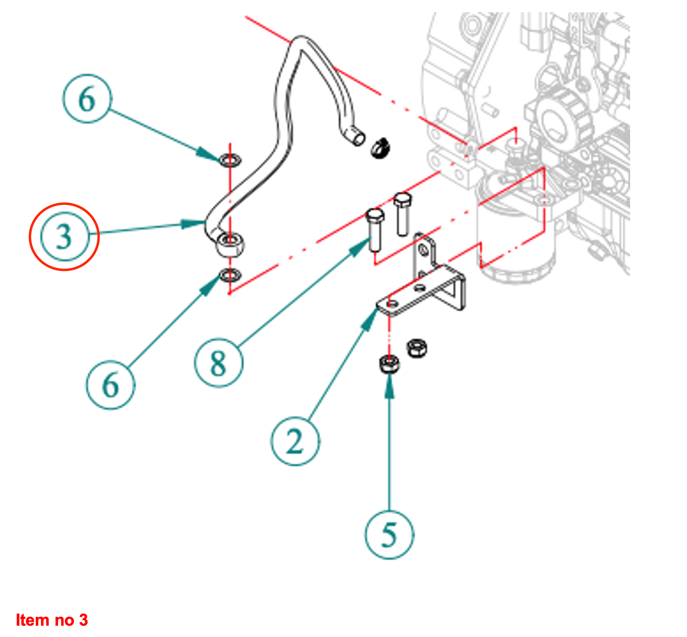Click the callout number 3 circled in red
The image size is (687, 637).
point(64,237)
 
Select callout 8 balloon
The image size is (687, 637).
point(218,363)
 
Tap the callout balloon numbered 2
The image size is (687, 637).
point(294,441)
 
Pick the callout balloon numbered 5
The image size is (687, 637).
point(389,534)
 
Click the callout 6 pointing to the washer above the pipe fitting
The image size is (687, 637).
point(87,99)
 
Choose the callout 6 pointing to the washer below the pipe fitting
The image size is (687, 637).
point(110,384)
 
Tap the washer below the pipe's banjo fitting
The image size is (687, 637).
point(229,275)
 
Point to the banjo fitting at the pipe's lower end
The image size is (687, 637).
point(230,243)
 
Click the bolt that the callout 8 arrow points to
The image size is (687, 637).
point(375,228)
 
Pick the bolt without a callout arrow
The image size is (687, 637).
point(402,212)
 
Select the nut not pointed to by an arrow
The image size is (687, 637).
point(417,348)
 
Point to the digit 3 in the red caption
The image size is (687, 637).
point(83,620)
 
